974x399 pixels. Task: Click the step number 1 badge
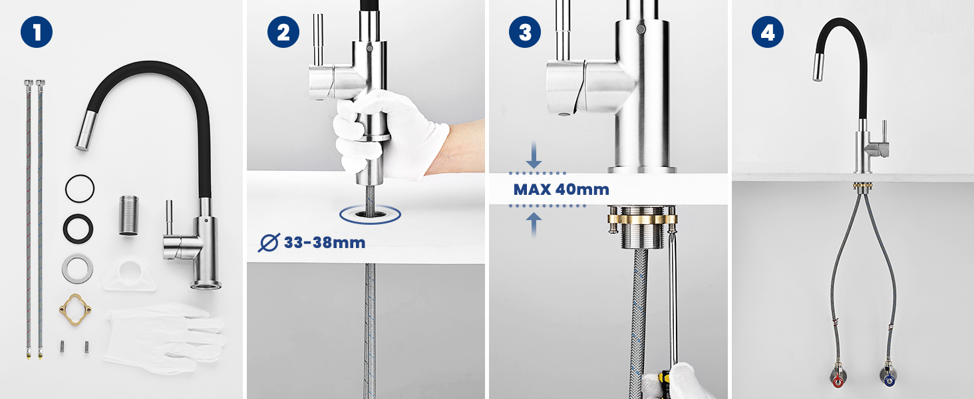(37, 32)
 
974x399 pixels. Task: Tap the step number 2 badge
(283, 32)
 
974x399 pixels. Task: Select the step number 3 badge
(525, 32)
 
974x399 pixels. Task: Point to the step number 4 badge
(768, 32)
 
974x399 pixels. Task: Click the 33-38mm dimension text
(325, 243)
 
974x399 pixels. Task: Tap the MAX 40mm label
(562, 190)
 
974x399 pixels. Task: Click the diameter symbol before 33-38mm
(269, 243)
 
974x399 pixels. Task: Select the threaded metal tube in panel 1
(128, 215)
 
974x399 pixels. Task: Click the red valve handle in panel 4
(838, 382)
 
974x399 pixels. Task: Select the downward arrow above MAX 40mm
(534, 155)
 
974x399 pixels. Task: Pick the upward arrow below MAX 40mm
(534, 225)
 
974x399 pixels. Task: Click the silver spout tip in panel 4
(819, 67)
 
